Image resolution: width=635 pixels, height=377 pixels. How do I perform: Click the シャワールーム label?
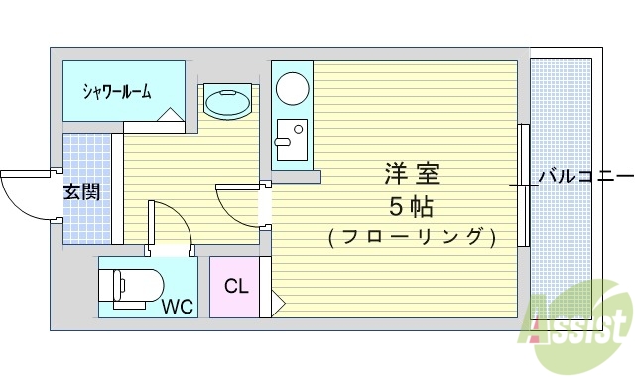117,92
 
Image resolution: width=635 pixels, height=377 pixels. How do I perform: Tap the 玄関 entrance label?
80,192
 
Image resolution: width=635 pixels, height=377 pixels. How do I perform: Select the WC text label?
180,305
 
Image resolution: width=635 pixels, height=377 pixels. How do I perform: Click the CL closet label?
236,287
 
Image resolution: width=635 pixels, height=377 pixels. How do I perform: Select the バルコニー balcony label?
584,176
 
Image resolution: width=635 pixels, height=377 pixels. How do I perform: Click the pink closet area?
235,287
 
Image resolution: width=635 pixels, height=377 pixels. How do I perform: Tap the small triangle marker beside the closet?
279,300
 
